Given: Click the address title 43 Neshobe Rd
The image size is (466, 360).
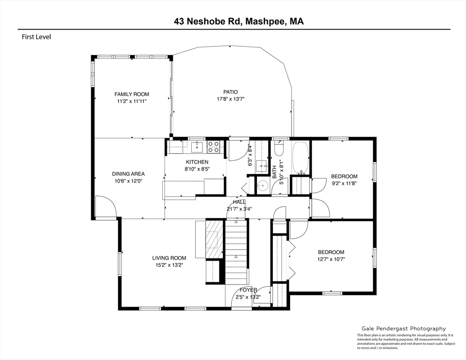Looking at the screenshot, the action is [x=207, y=22].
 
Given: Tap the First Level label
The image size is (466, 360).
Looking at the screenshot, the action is [x=36, y=37].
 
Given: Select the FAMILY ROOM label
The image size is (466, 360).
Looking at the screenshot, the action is [x=132, y=94].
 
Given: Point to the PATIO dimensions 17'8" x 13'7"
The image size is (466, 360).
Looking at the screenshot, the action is [x=231, y=99].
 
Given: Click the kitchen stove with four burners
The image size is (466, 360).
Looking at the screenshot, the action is [x=213, y=147].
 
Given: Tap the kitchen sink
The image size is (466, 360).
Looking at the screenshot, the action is [x=197, y=147].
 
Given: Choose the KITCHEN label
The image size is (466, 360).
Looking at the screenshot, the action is [x=197, y=162].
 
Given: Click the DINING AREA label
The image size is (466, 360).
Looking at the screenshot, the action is [x=128, y=174].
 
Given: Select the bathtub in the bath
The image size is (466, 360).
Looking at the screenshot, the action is [x=301, y=158].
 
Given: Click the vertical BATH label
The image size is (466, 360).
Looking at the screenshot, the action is [x=274, y=172].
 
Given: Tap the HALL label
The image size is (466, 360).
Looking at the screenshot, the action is [x=239, y=202].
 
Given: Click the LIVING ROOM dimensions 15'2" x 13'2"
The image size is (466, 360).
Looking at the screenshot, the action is [x=169, y=265].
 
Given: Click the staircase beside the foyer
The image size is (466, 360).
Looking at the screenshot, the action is [x=236, y=252].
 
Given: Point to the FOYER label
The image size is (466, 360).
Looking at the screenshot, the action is [x=248, y=290].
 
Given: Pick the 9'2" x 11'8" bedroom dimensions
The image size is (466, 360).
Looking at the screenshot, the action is [x=344, y=183].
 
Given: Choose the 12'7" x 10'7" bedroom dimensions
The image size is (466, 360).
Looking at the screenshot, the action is [x=331, y=259].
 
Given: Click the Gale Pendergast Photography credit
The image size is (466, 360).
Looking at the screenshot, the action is [x=404, y=329].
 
